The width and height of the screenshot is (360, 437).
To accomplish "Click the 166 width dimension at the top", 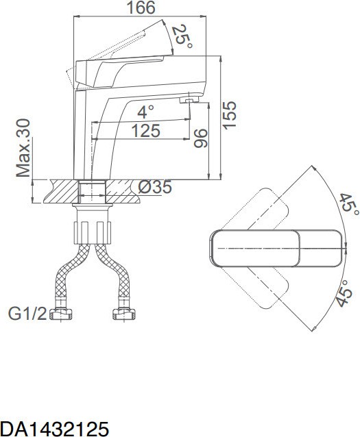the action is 141,8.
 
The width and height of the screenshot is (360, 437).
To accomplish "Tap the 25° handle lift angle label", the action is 182,36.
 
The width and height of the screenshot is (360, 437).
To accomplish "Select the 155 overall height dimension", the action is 230,115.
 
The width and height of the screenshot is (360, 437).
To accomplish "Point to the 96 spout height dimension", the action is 201,138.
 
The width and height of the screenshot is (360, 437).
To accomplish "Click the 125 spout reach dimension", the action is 146,130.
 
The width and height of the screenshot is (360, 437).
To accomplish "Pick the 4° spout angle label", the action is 145,112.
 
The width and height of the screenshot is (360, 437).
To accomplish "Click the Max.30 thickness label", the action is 23,148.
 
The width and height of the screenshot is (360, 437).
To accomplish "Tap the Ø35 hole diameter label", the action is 155,187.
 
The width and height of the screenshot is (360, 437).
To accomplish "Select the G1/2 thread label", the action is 27,314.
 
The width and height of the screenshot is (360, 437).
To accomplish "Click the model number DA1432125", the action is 54,428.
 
